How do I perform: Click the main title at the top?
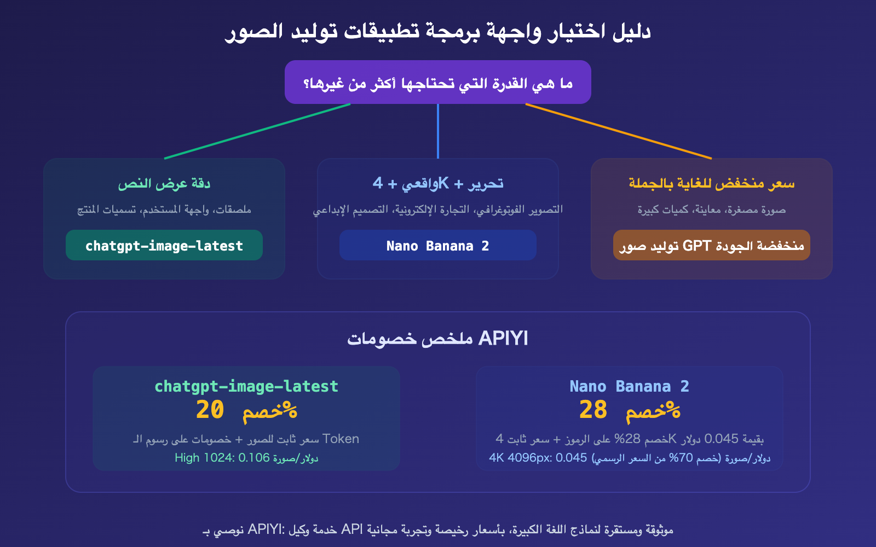(438, 31)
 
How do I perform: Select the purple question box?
(438, 83)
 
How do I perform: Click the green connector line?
(257, 131)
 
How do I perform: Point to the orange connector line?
(619, 131)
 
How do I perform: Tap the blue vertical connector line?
(438, 131)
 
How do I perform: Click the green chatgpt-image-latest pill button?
(164, 246)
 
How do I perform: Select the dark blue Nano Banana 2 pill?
(438, 246)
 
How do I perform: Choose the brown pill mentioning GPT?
(712, 246)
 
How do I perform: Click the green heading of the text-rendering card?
(164, 184)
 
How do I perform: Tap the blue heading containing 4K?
(438, 184)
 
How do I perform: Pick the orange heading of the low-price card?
(712, 184)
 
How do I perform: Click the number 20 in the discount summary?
(210, 410)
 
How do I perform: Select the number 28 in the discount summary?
(593, 410)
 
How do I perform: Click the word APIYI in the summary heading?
(503, 339)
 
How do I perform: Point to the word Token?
(341, 439)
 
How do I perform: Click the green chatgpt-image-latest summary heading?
(246, 387)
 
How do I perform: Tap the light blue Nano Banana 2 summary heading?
(630, 387)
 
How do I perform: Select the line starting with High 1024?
(246, 458)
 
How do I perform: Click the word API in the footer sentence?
(352, 529)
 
